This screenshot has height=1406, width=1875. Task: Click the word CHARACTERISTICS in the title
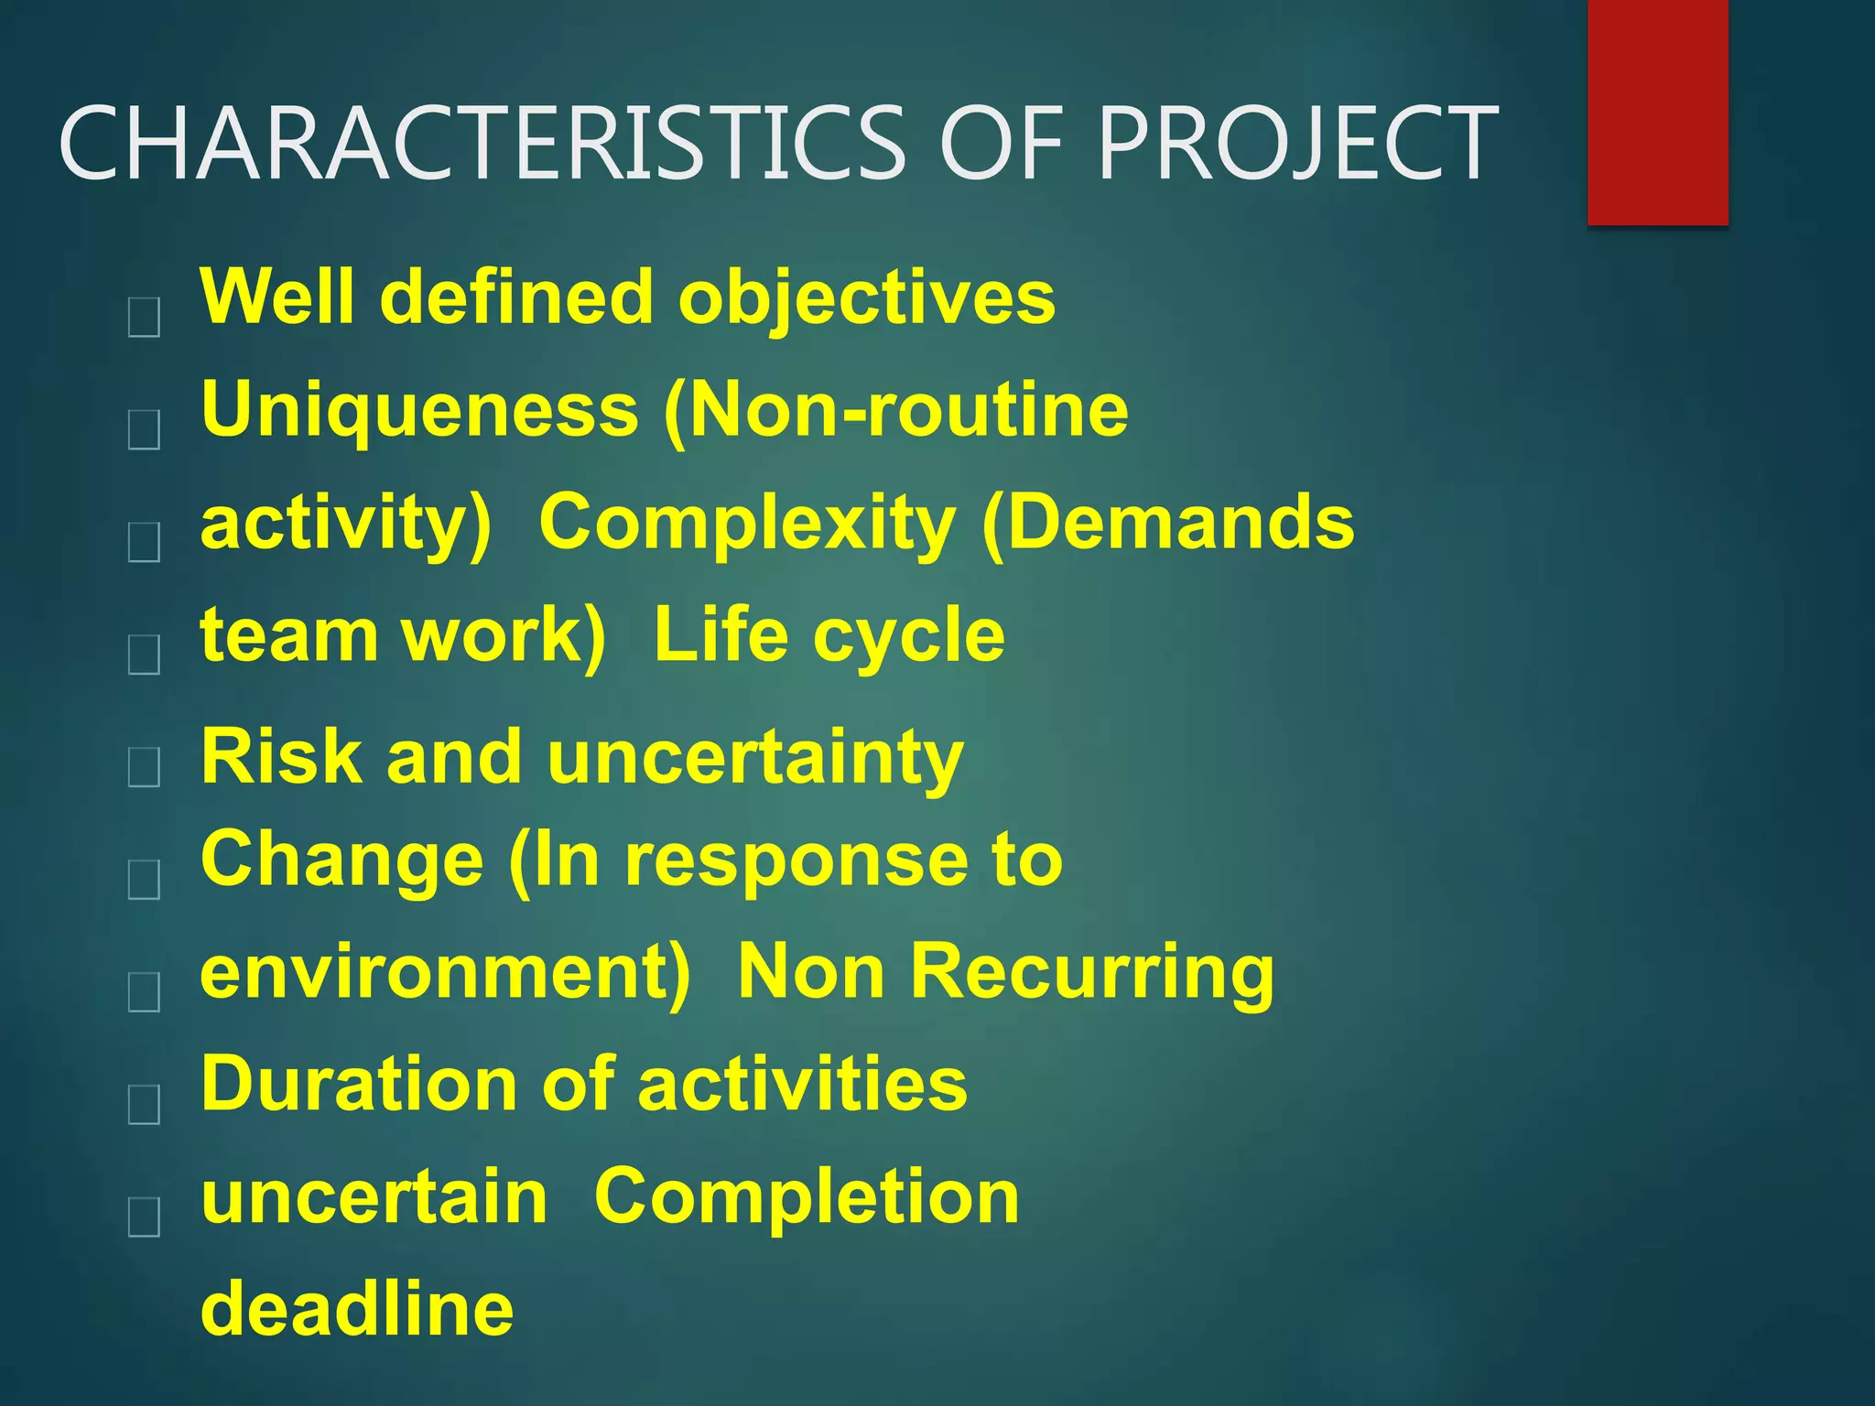pyautogui.click(x=482, y=143)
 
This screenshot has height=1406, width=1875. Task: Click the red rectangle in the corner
pyautogui.click(x=1657, y=112)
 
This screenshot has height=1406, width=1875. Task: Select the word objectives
pyautogui.click(x=866, y=298)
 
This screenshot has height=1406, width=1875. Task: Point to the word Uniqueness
pyautogui.click(x=419, y=410)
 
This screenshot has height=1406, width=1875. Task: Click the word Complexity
pyautogui.click(x=747, y=522)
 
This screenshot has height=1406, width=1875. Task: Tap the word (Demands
pyautogui.click(x=1167, y=522)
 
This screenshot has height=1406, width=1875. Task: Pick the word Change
pyautogui.click(x=341, y=860)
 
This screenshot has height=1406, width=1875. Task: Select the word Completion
pyautogui.click(x=807, y=1196)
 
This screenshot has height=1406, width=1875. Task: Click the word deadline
pyautogui.click(x=357, y=1309)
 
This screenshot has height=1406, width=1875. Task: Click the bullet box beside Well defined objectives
pyautogui.click(x=145, y=318)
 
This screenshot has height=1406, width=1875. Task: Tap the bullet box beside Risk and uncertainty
pyautogui.click(x=145, y=767)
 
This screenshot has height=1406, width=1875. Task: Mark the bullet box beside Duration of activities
pyautogui.click(x=145, y=1104)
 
